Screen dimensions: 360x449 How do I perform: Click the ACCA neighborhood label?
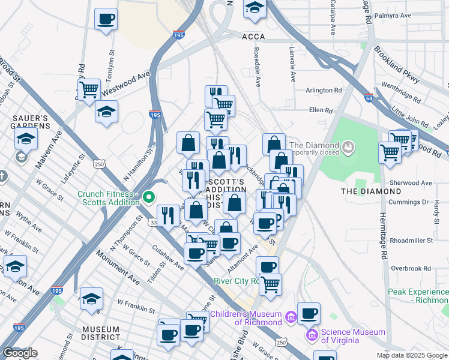click(x=253, y=37)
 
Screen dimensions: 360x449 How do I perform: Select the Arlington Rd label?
click(x=324, y=91)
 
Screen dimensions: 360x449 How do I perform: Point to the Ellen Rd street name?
click(x=321, y=110)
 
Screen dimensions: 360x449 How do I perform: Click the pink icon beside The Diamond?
click(x=348, y=146)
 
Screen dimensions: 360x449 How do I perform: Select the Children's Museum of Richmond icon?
click(x=291, y=316)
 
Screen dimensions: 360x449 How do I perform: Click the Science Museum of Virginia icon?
click(x=312, y=334)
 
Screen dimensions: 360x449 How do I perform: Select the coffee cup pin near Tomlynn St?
click(x=106, y=19)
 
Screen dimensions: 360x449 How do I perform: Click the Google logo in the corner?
click(x=20, y=353)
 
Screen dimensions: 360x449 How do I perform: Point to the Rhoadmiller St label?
click(x=411, y=240)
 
